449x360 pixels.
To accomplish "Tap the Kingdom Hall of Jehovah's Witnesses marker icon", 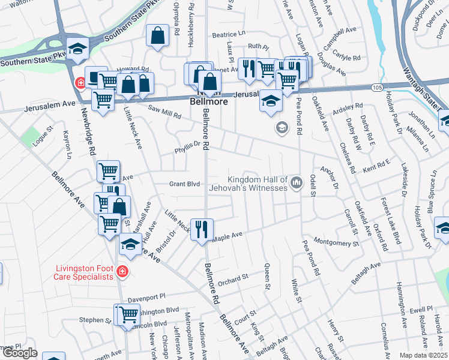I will pyautogui.click(x=296, y=182).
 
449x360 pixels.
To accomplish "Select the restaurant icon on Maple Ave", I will pyautogui.click(x=202, y=229).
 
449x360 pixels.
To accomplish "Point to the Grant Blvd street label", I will pyautogui.click(x=184, y=184).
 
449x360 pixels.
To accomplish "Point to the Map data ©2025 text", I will pyautogui.click(x=423, y=355).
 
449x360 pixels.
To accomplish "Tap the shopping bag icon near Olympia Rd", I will pyautogui.click(x=157, y=35).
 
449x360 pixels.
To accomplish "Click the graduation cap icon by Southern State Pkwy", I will pyautogui.click(x=77, y=48).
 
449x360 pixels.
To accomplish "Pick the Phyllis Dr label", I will pyautogui.click(x=187, y=144).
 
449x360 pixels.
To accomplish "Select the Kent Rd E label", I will pyautogui.click(x=376, y=163).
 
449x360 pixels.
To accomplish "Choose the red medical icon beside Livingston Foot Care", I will pyautogui.click(x=122, y=272).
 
